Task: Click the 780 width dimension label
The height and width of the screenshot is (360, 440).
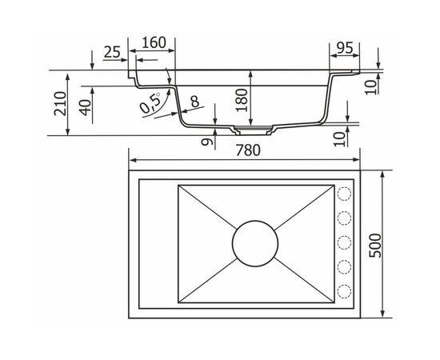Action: [248, 150]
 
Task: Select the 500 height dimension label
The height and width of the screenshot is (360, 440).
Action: [375, 246]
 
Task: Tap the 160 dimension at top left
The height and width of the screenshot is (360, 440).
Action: [154, 42]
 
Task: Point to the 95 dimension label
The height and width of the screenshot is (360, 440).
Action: [345, 48]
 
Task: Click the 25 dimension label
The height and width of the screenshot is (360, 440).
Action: [112, 52]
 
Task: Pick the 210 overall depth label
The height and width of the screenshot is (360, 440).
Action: [60, 103]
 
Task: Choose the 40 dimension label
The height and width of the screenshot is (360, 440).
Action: [86, 107]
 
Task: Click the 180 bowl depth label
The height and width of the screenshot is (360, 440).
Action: [242, 100]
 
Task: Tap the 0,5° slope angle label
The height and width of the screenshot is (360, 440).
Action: [150, 102]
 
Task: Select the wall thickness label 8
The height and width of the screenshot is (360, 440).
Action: [194, 102]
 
